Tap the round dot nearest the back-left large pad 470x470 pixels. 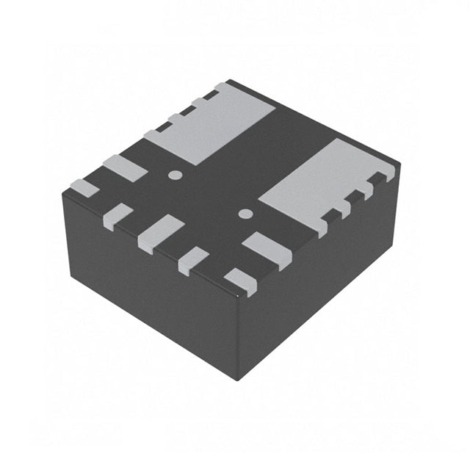pyautogui.click(x=175, y=175)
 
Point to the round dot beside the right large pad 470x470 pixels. pyautogui.click(x=246, y=214)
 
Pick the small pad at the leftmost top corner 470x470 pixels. pyautogui.click(x=84, y=187)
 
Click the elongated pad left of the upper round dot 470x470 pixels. pyautogui.click(x=123, y=168)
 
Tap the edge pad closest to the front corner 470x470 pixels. pyautogui.click(x=241, y=281)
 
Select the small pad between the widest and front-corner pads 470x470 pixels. pyautogui.click(x=193, y=259)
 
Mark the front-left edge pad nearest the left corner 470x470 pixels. pyautogui.click(x=117, y=216)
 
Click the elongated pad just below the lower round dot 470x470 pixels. pyautogui.click(x=267, y=248)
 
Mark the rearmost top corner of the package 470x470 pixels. pyautogui.click(x=229, y=81)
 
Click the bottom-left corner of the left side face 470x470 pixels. pyautogui.click(x=71, y=275)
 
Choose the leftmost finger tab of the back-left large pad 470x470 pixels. pyautogui.click(x=154, y=135)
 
